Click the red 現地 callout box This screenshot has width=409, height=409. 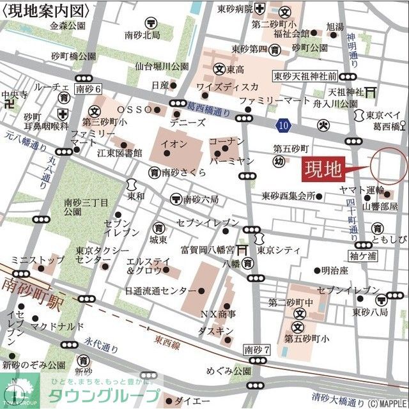[323, 169]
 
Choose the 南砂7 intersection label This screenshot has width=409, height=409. [258, 350]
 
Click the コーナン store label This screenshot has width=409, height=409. [227, 141]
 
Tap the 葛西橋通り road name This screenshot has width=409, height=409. [210, 111]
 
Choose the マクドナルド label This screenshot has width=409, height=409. [59, 327]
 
